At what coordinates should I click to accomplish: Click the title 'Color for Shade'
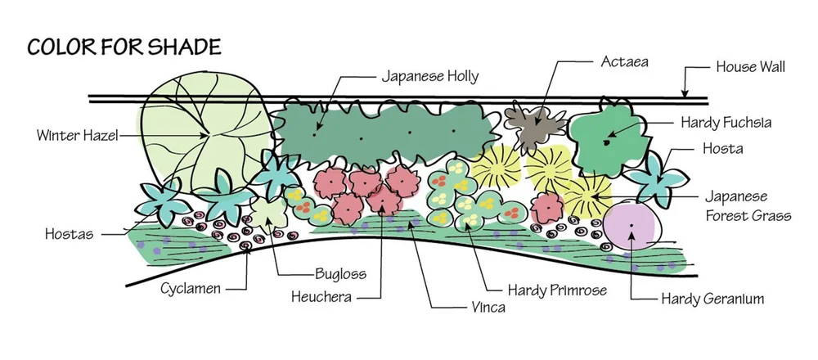tap(124, 46)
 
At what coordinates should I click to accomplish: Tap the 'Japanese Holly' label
tap(429, 77)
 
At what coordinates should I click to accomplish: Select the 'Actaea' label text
tap(624, 61)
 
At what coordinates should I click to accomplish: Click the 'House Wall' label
tap(749, 67)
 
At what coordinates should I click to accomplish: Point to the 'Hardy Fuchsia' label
tap(726, 123)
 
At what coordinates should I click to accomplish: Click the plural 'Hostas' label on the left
tap(69, 234)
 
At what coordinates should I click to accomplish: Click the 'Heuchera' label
tap(321, 297)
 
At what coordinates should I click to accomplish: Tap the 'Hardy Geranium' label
tap(712, 299)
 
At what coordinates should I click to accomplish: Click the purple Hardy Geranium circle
tap(631, 226)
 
